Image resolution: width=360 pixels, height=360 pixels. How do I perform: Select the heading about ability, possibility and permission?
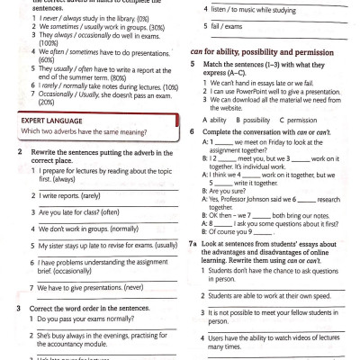click(x=257, y=53)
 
